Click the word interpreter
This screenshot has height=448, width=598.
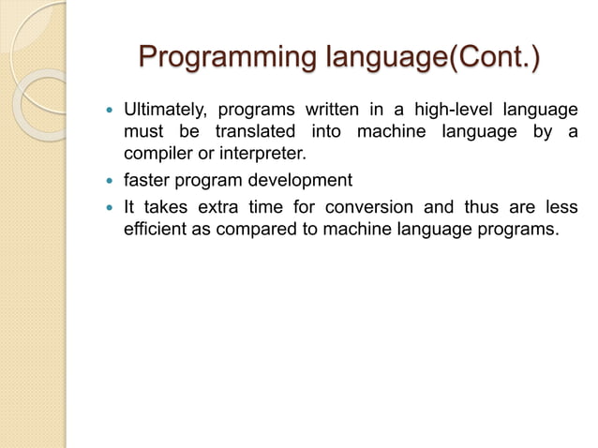tap(264, 154)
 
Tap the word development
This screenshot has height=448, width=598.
tap(304, 180)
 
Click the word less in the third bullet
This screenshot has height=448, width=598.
tap(561, 206)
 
